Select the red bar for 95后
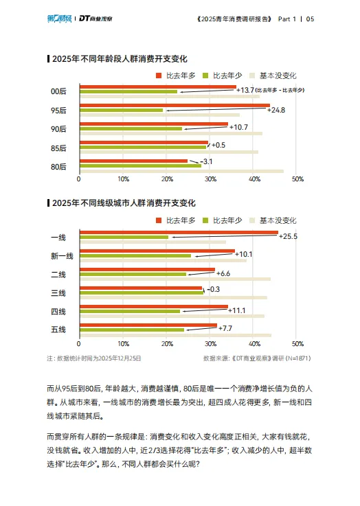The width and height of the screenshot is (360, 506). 175,105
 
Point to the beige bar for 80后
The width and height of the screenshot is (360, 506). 181,171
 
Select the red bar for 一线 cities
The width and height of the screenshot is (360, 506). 179,232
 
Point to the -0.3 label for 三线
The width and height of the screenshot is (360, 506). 214,289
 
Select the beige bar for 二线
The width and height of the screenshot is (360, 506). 175,279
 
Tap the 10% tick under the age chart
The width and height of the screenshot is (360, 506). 123,179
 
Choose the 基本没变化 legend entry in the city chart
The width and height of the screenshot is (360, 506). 274,220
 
